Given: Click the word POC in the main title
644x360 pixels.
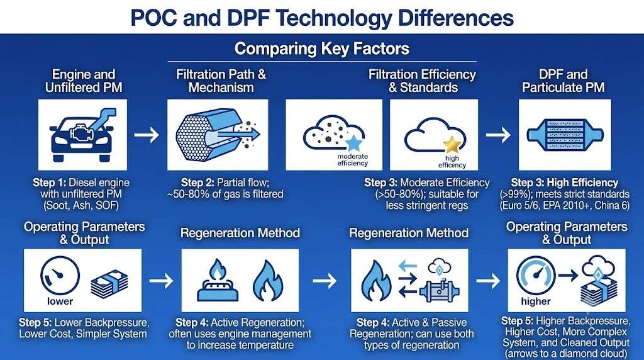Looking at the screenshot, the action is click(154, 18).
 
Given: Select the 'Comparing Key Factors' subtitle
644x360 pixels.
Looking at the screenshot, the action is click(322, 48).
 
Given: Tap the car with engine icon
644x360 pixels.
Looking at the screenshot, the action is click(83, 135).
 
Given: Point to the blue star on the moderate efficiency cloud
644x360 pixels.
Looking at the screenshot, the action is click(353, 143).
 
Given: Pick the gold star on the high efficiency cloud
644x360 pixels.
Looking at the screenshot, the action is click(452, 144).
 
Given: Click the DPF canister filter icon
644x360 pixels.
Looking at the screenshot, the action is click(565, 135).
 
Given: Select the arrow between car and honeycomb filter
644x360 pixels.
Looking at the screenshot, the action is click(147, 135).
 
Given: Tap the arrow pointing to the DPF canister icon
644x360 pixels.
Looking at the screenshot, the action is click(498, 135).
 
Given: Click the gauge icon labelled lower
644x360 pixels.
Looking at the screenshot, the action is click(60, 275).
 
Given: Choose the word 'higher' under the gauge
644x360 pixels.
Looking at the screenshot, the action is click(536, 301).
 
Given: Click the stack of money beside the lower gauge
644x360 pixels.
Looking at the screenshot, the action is click(109, 284).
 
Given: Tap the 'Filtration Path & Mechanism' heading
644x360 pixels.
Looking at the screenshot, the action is click(221, 81).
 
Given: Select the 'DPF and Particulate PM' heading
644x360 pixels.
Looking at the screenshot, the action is click(563, 81).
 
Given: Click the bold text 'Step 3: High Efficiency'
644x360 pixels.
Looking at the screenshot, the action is click(564, 183).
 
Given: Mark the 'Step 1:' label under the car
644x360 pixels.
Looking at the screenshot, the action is click(49, 183).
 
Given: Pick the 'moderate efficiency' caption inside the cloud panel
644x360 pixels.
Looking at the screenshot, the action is click(352, 160).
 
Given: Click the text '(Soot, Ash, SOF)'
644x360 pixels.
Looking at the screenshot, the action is click(81, 205).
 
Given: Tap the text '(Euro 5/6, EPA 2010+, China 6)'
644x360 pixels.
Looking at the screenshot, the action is click(564, 205).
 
